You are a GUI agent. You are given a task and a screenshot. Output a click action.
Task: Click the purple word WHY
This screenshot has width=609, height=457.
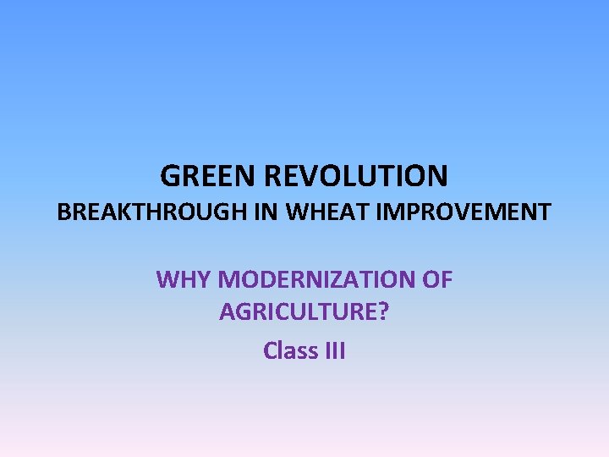click(x=181, y=279)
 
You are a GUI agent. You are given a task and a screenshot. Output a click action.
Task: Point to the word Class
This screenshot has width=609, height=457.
click(x=290, y=350)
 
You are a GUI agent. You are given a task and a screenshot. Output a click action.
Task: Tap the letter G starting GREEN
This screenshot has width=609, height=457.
click(x=170, y=176)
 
